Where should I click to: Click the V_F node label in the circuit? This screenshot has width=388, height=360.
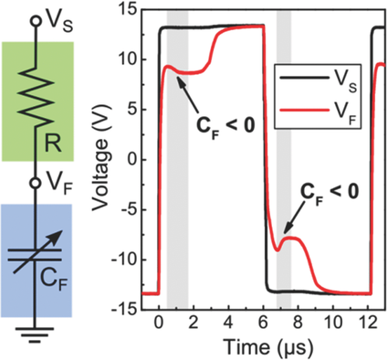coord(58,182)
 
